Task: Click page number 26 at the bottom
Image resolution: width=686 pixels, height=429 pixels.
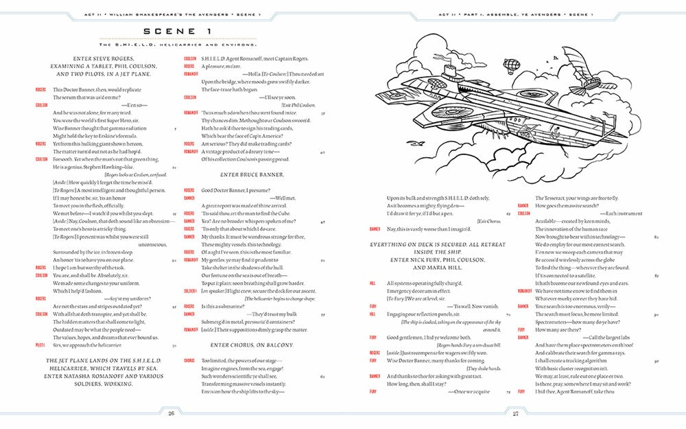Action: [x=171, y=413]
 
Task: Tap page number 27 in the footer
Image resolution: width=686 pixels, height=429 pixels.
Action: [x=514, y=413]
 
